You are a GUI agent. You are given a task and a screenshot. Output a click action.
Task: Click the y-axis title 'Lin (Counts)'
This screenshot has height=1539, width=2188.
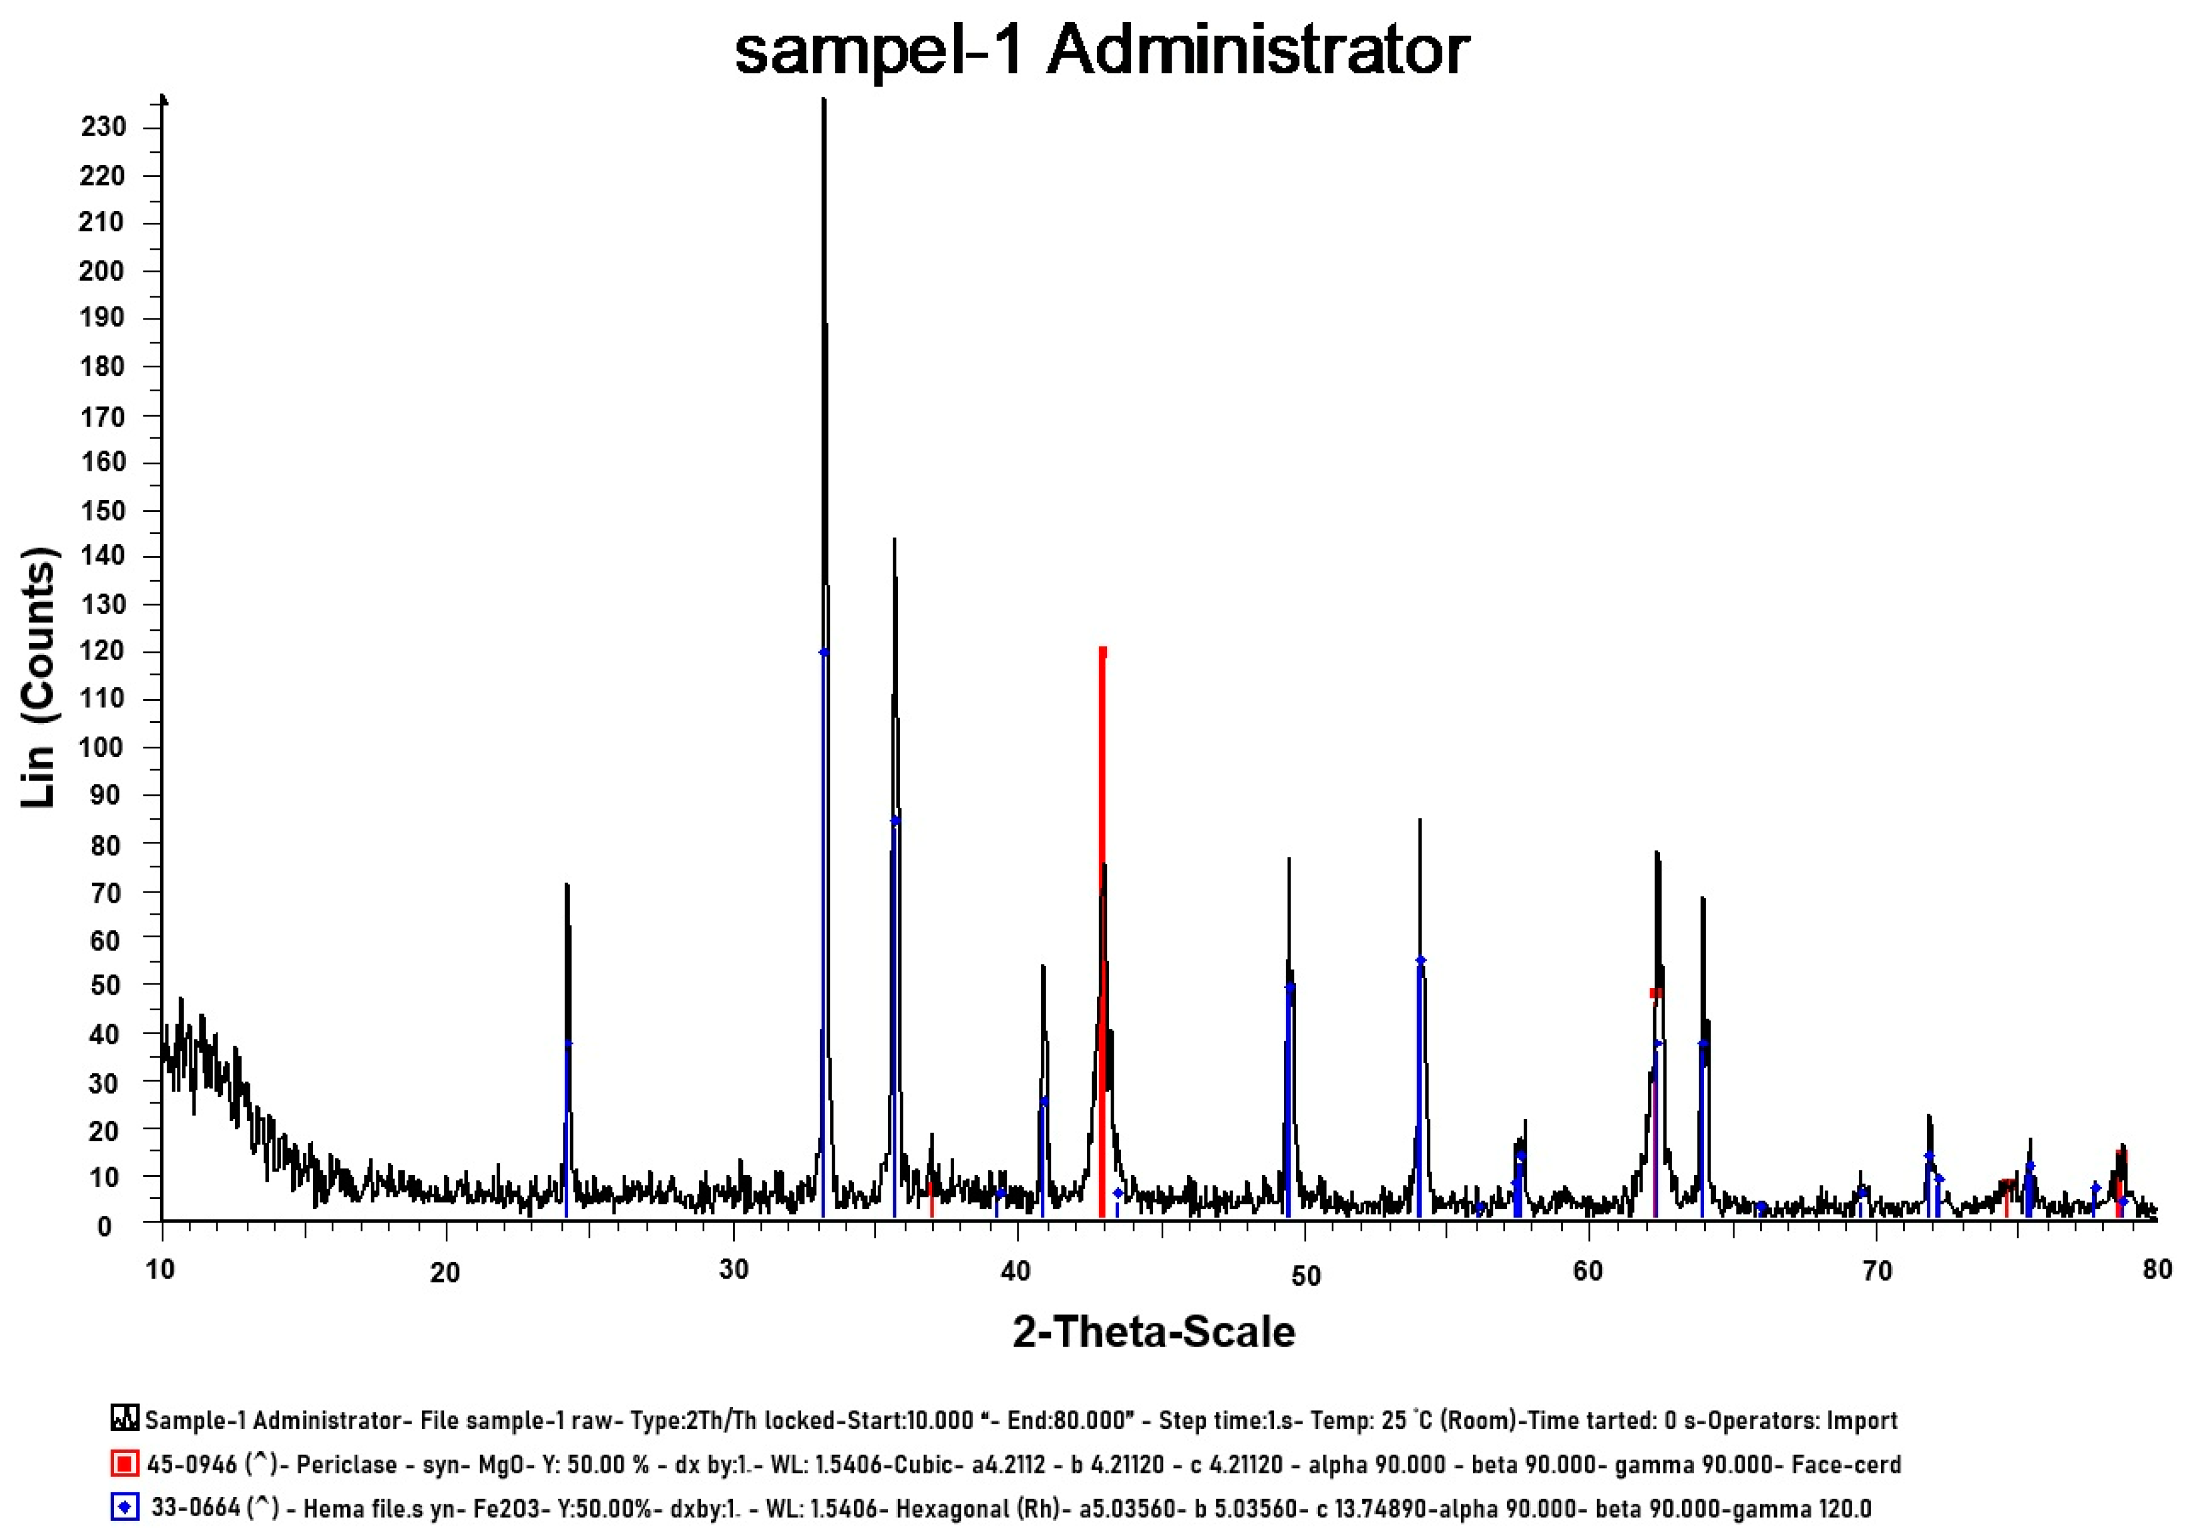click(38, 676)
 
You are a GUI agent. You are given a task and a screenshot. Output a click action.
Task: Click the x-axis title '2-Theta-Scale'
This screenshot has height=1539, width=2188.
click(1153, 1331)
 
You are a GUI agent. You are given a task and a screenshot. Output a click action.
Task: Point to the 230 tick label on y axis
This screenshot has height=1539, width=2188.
click(103, 127)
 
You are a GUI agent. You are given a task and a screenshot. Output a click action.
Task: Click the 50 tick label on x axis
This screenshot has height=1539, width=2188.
click(1304, 1275)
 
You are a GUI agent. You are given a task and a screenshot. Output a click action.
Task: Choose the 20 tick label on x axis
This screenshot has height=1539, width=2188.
click(445, 1272)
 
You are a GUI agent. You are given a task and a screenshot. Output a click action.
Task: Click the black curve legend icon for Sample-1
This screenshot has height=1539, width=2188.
click(124, 1419)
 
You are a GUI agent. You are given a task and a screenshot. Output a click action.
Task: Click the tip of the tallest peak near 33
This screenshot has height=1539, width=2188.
click(823, 99)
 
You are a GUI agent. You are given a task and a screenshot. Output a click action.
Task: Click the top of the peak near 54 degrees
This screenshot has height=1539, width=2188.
click(1420, 820)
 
